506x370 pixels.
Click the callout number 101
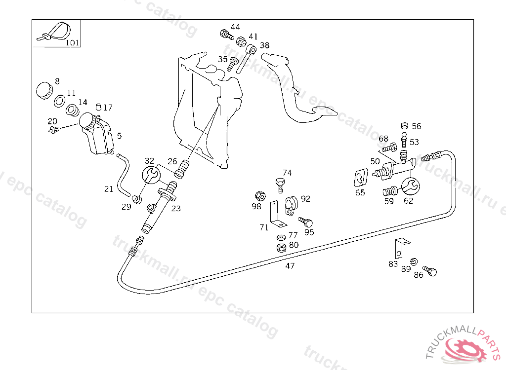(73, 42)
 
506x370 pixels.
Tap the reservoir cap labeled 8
(44, 91)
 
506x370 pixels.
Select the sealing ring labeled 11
(60, 101)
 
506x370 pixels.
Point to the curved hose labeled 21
(124, 174)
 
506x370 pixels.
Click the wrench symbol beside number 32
(151, 175)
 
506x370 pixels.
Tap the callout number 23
(176, 209)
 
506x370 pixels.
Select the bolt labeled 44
(226, 35)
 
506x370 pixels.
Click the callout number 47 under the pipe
(290, 266)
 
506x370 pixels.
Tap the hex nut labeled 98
(260, 196)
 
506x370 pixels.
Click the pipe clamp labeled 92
(291, 205)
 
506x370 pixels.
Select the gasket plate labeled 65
(360, 177)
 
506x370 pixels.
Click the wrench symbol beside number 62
(411, 186)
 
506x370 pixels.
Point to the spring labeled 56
(404, 126)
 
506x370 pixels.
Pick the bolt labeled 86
(430, 271)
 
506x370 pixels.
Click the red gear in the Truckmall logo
(466, 349)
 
